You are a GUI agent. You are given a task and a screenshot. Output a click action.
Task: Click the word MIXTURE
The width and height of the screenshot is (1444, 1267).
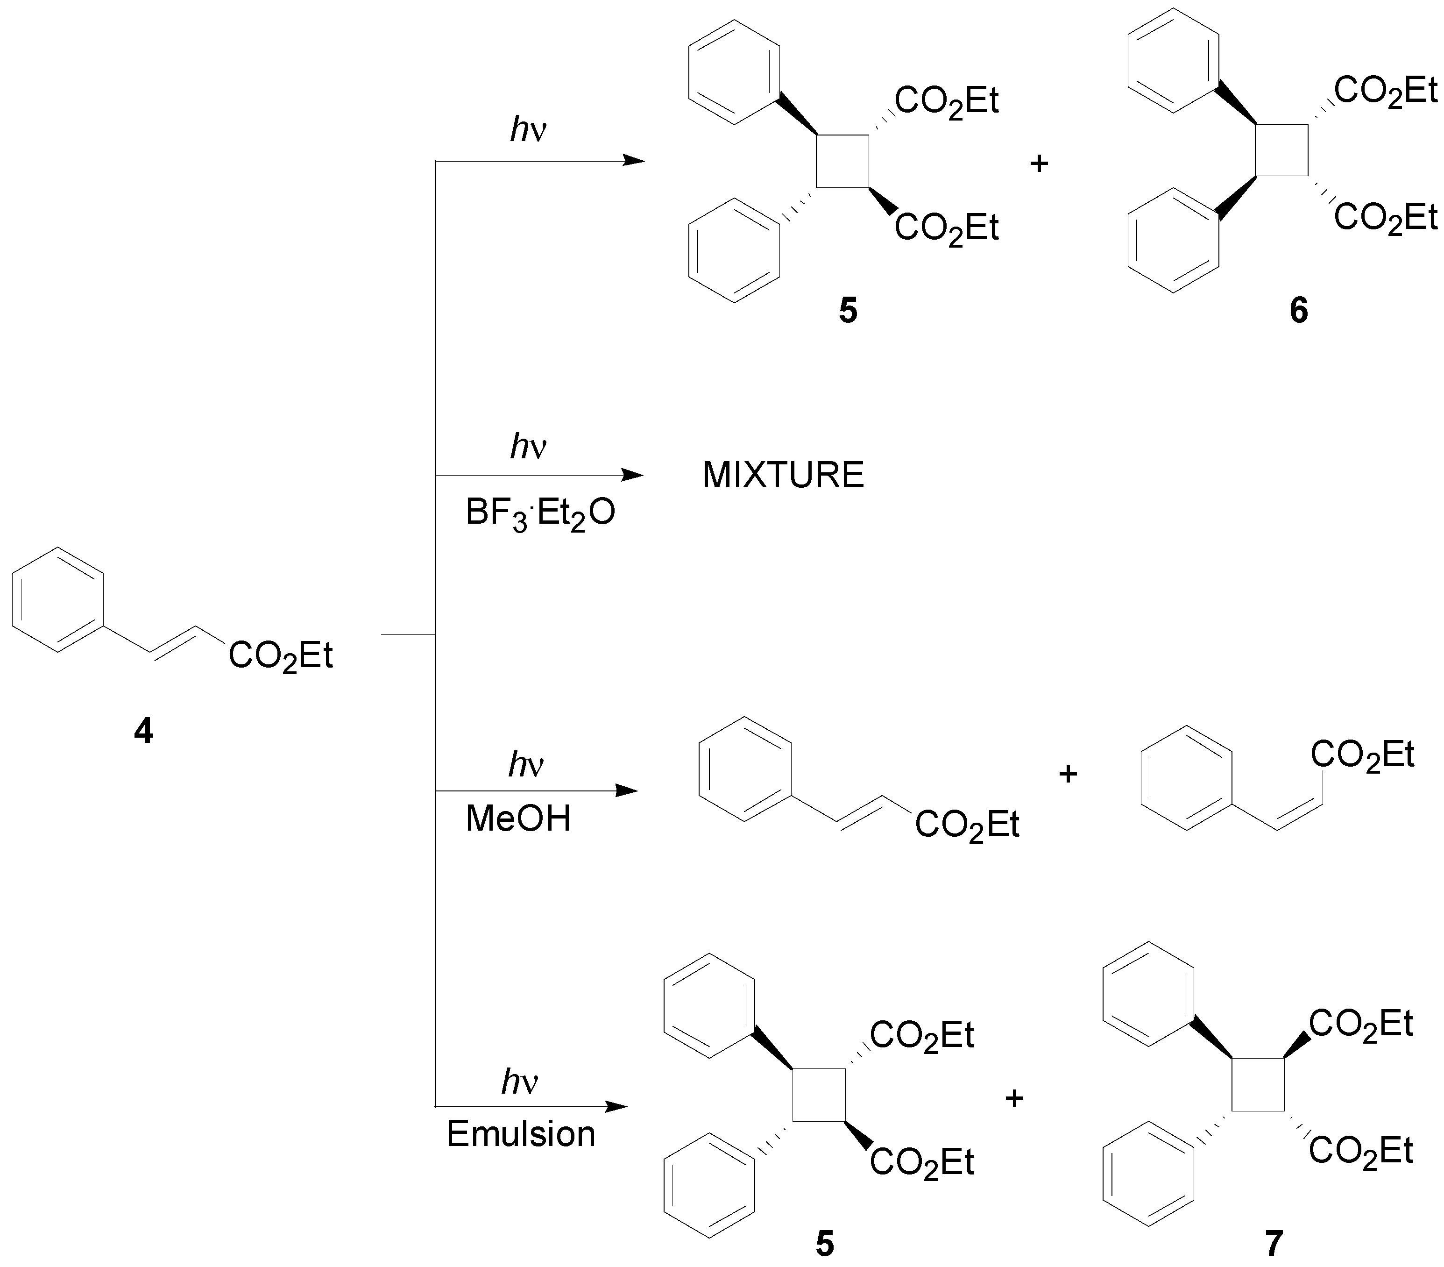point(783,475)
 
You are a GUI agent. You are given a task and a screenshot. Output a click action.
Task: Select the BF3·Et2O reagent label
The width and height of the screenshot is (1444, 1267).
point(540,513)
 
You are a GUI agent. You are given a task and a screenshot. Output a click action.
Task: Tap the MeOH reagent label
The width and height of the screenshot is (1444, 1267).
point(518,819)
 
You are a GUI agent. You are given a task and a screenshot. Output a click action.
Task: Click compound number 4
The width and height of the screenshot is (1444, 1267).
point(143,731)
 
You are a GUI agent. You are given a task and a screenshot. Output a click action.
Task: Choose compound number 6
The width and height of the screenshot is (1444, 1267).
point(1298,311)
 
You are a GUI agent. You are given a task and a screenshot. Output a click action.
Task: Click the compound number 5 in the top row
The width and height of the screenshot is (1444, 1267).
point(848,311)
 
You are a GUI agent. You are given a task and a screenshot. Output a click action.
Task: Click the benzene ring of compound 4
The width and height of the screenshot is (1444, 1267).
point(58,599)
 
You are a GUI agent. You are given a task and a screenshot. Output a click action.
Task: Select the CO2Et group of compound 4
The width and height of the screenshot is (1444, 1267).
point(281,656)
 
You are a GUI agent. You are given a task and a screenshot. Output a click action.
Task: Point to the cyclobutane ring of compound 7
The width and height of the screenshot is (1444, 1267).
point(1258,1084)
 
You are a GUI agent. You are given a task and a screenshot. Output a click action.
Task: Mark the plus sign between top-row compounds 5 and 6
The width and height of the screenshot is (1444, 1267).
point(1039,164)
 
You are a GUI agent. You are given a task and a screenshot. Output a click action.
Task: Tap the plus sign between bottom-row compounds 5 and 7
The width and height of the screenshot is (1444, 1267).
point(1014,1097)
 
